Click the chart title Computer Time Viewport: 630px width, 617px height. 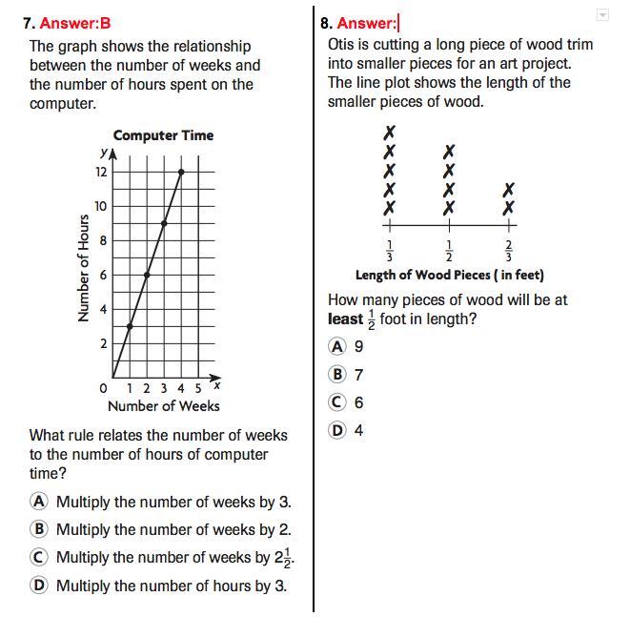(163, 135)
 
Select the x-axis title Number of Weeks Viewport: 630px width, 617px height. (163, 406)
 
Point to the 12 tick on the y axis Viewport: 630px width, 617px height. (100, 173)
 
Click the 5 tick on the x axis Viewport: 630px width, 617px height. (198, 388)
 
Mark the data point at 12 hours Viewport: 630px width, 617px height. (181, 172)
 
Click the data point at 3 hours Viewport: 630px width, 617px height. (130, 326)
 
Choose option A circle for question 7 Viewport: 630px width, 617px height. (39, 502)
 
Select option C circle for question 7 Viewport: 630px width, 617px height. (39, 558)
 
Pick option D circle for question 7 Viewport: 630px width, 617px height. (39, 586)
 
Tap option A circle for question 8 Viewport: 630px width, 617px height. (337, 346)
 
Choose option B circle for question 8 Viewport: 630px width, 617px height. (337, 375)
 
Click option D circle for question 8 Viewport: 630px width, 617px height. (337, 430)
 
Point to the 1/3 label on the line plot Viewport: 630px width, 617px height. (389, 251)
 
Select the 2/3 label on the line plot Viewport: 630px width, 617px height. (509, 251)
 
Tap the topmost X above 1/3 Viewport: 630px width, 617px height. (389, 133)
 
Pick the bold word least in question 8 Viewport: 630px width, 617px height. (345, 319)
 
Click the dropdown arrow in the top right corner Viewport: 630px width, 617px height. (601, 15)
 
